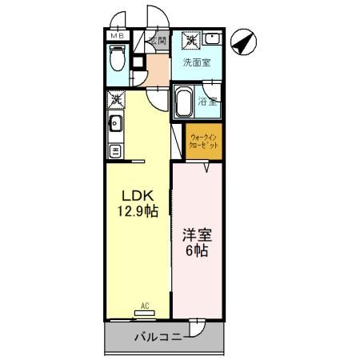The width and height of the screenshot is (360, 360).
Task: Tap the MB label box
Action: (x=117, y=36)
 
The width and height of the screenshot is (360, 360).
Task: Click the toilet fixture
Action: (x=118, y=59)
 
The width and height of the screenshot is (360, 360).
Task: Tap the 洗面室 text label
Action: (x=197, y=62)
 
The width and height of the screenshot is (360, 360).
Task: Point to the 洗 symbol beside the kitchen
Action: (x=115, y=99)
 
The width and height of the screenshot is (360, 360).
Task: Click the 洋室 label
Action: (x=196, y=235)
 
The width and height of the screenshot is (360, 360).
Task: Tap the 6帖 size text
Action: (x=196, y=251)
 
